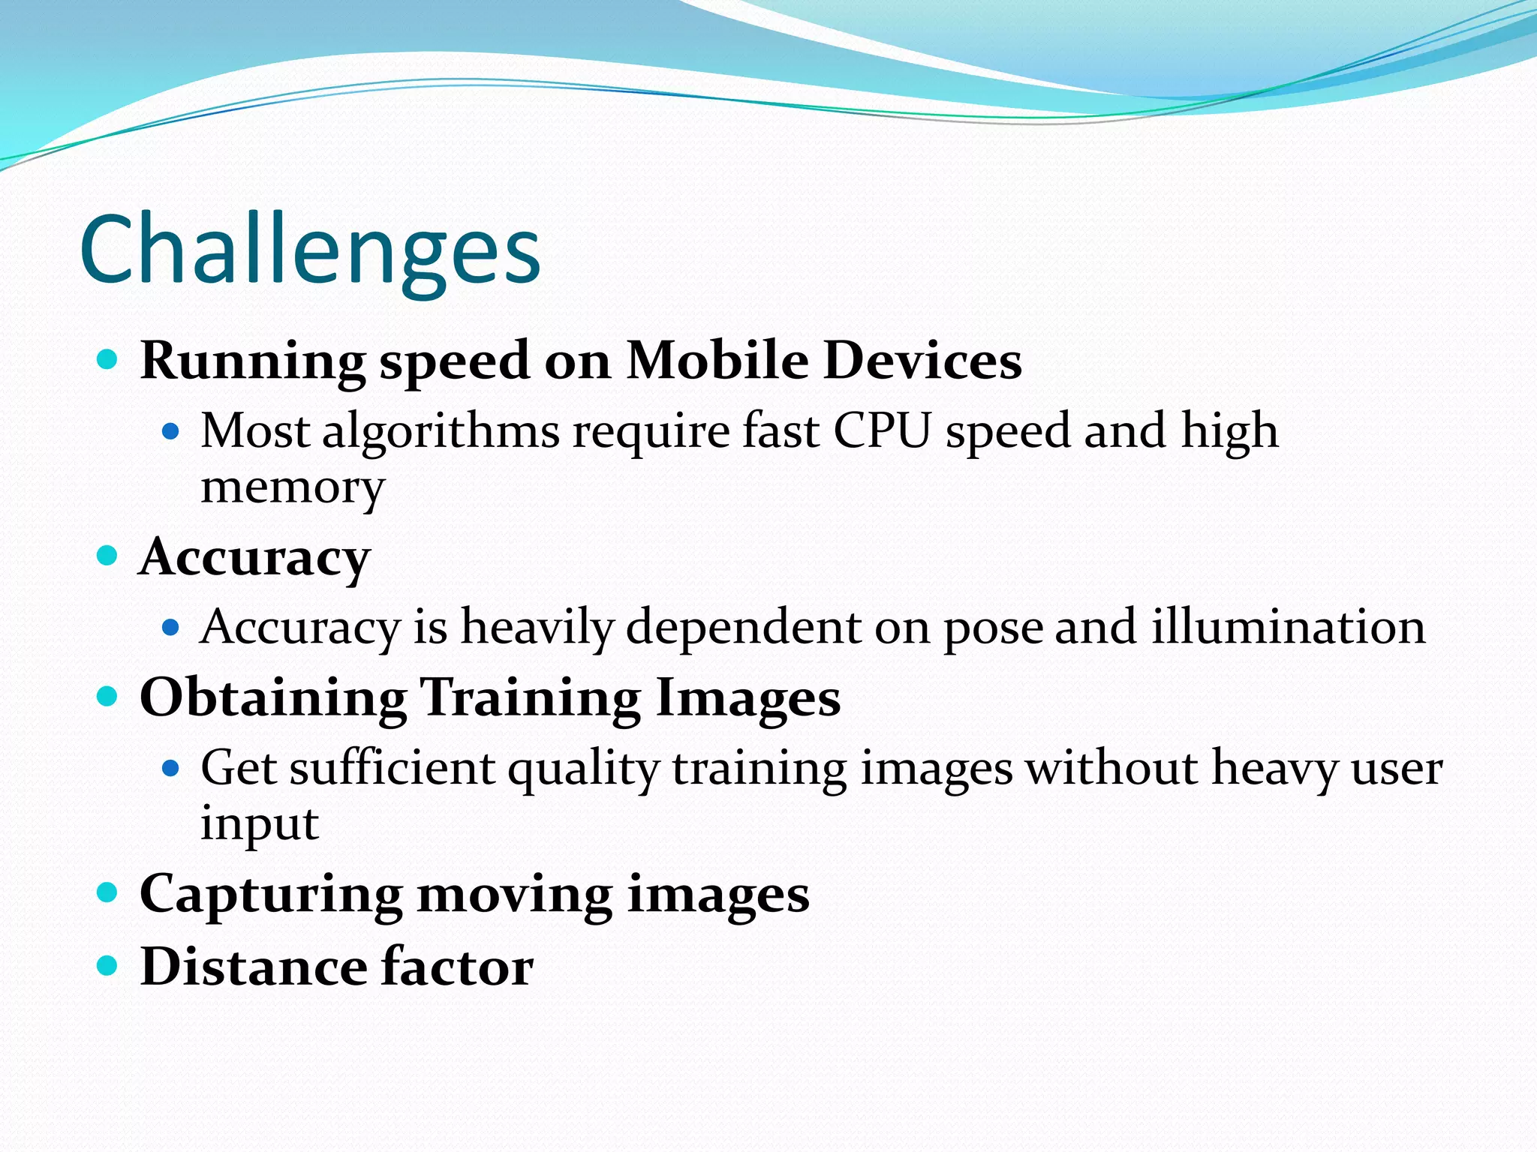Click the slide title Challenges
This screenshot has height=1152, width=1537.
pyautogui.click(x=309, y=250)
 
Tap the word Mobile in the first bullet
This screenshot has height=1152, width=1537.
pyautogui.click(x=717, y=361)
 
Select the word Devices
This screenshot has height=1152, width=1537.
pyautogui.click(x=922, y=361)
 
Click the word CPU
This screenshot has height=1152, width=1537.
pyautogui.click(x=882, y=432)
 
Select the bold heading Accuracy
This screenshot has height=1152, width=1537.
pyautogui.click(x=255, y=558)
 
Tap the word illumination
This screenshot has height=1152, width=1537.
pyautogui.click(x=1288, y=627)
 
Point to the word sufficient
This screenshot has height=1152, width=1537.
pyautogui.click(x=393, y=769)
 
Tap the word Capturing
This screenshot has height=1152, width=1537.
pyautogui.click(x=271, y=895)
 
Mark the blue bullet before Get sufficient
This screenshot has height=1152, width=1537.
pyautogui.click(x=171, y=768)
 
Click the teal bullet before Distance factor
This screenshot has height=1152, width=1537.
pyautogui.click(x=108, y=965)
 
